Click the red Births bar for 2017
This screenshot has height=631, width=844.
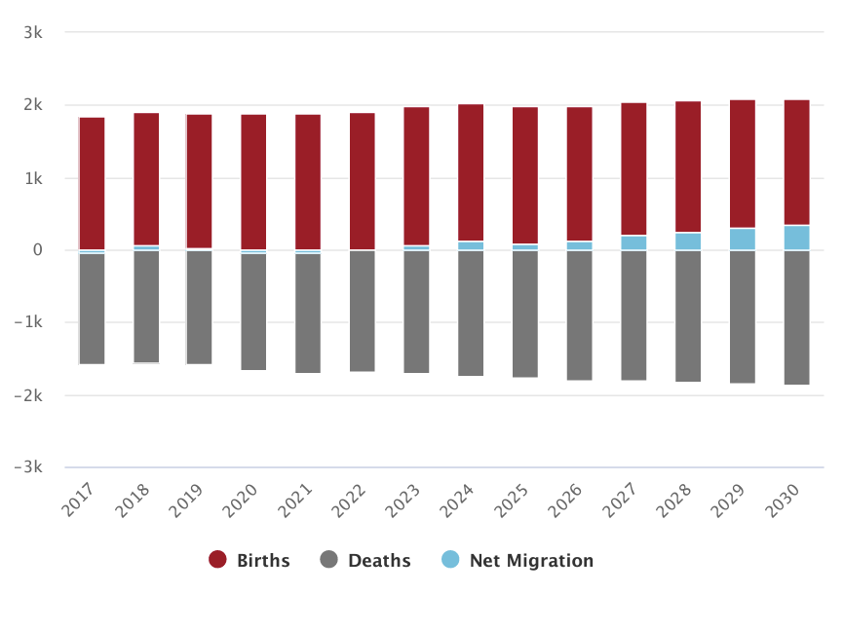92,183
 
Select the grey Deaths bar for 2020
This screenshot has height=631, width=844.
253,312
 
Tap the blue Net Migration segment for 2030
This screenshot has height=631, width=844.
797,238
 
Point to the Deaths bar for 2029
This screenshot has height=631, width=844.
743,316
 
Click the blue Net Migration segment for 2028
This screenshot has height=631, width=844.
688,241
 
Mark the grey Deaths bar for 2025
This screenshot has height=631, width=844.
525,314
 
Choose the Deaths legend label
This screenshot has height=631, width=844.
379,560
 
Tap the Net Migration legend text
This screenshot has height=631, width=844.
531,560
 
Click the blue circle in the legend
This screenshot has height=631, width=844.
450,560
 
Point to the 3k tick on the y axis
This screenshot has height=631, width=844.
33,32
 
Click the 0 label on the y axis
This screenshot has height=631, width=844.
37,250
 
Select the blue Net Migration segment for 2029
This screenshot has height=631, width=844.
743,240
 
